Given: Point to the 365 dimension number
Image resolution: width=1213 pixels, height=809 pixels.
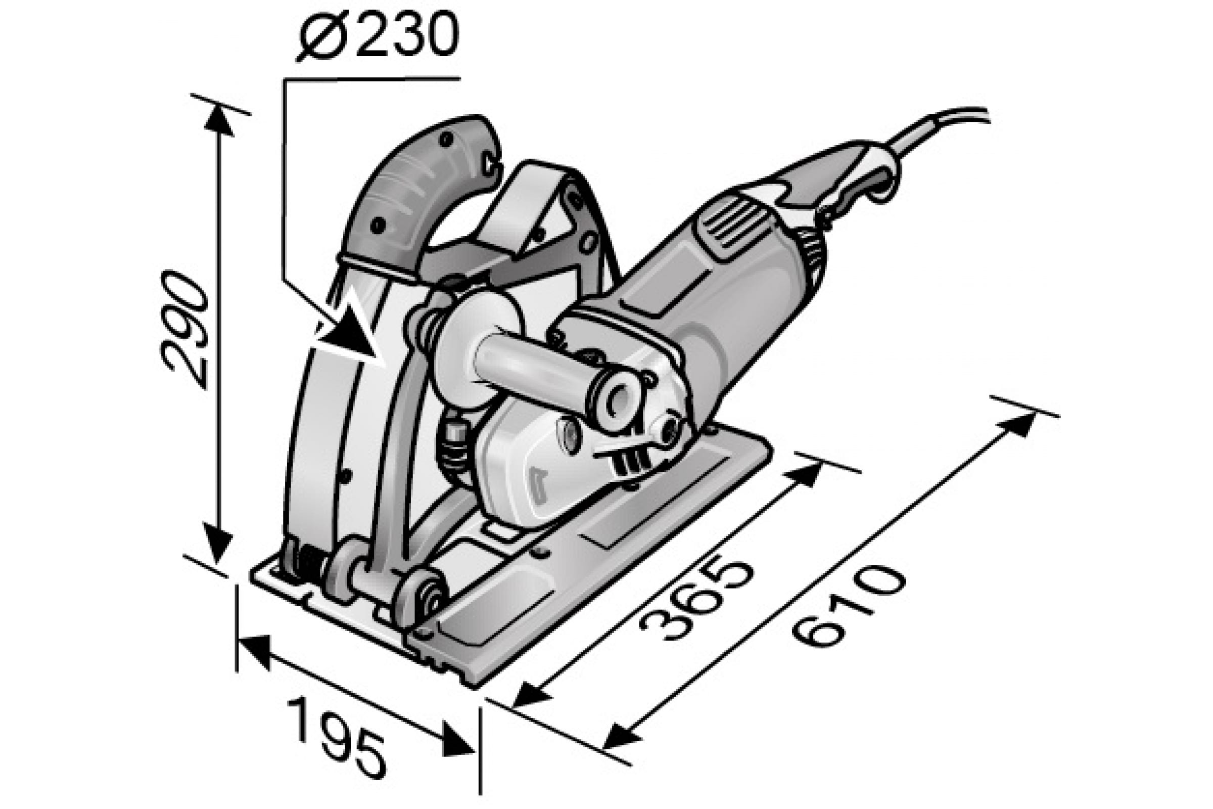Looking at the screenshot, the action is click(696, 601).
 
